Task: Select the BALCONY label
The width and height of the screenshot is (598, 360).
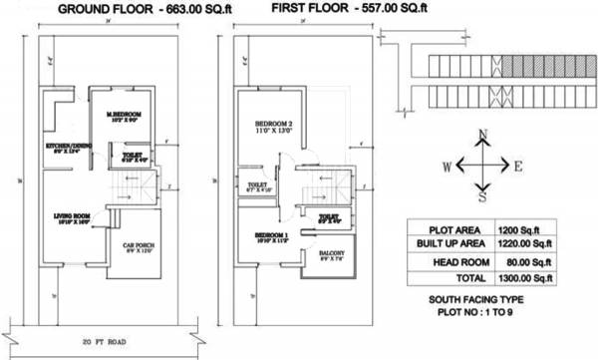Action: pos(333,255)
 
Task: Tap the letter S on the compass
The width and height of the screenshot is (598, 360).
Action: pos(482,196)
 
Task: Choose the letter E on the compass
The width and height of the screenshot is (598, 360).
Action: pos(519,166)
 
